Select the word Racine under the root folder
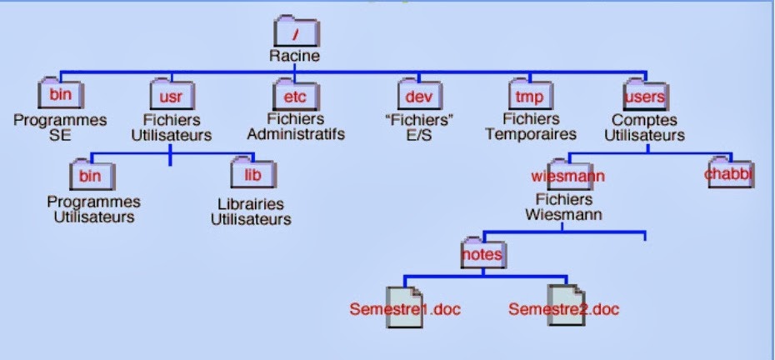294,57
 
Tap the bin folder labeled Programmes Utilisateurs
91,175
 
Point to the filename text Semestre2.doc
564,310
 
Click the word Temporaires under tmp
539,134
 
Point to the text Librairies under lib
250,204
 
